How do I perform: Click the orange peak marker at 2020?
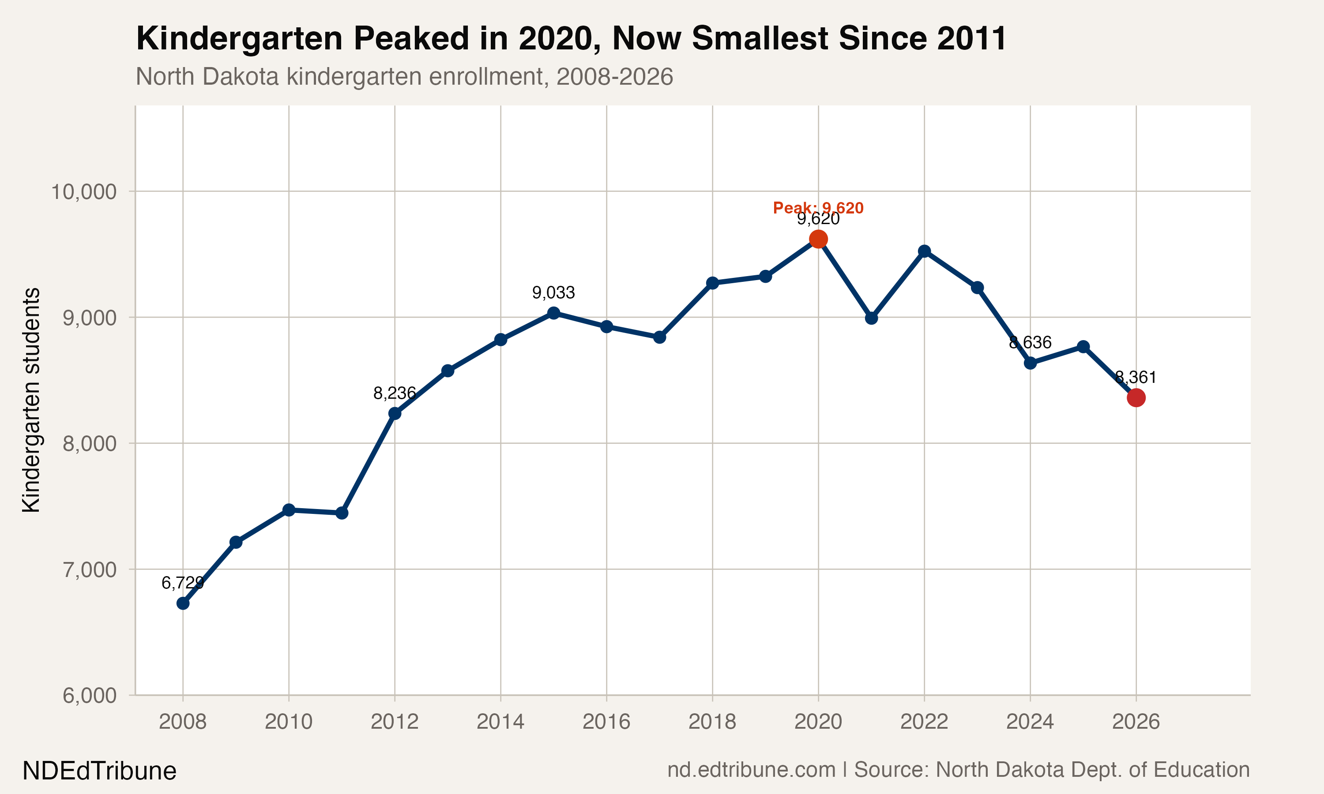coord(818,239)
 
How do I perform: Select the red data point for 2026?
coord(1136,398)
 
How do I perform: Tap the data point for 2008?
coord(183,603)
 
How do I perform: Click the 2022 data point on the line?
coord(924,251)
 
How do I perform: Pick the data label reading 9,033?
coord(553,292)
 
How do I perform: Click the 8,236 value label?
coord(395,393)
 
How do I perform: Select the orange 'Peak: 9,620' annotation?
coord(818,208)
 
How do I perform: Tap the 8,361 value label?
coord(1136,378)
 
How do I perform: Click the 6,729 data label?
coord(183,583)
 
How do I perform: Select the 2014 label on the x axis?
coord(500,722)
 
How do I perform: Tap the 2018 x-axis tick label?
coord(712,722)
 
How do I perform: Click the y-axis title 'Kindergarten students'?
coord(31,400)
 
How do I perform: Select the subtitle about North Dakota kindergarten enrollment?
coord(404,76)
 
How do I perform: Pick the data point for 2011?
coord(342,513)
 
